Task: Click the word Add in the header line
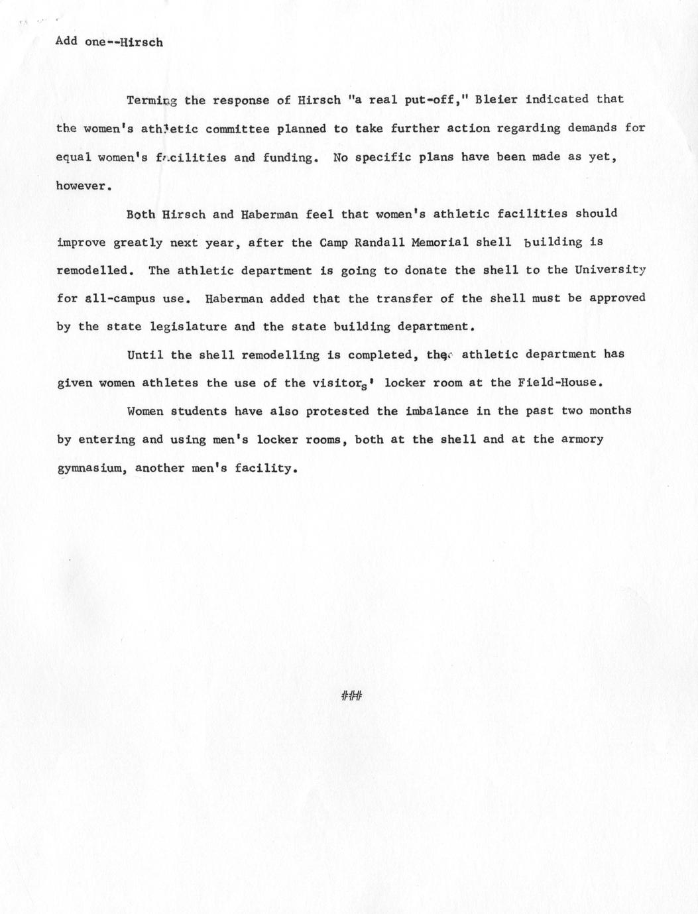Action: coord(66,41)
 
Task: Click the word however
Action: coord(82,186)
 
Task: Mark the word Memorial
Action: coord(440,242)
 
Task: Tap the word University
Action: coord(610,270)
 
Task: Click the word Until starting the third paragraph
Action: coord(145,355)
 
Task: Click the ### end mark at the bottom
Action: coord(351,695)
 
